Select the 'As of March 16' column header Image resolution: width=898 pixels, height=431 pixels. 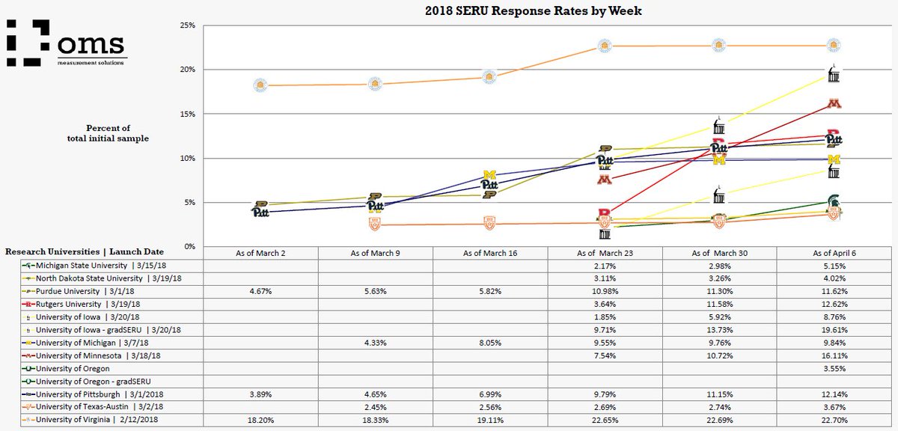[489, 253]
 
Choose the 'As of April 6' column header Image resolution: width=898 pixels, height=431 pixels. [833, 253]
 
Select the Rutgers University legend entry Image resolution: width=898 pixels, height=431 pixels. [73, 304]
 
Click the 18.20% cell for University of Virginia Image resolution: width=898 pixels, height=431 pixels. [260, 420]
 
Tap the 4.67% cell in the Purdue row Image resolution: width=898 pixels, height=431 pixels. [260, 291]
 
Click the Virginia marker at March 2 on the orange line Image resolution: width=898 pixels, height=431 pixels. [260, 85]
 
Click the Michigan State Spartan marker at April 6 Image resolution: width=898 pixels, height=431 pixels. [833, 201]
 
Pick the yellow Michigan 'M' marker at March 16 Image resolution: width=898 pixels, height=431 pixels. [490, 176]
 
